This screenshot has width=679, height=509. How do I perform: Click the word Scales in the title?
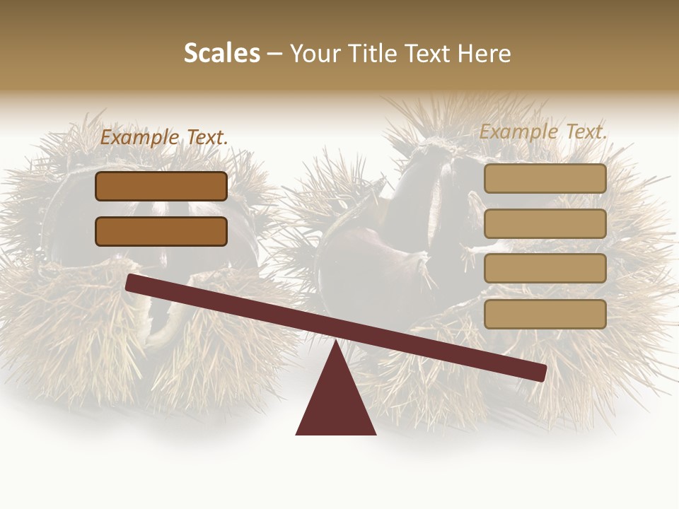click(x=221, y=54)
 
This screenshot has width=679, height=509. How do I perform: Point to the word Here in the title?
click(x=484, y=54)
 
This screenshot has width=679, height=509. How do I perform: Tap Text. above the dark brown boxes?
click(x=206, y=138)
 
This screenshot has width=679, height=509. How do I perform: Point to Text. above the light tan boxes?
click(x=586, y=132)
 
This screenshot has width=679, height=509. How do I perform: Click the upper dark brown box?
click(x=161, y=186)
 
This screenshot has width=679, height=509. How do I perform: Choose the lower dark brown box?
click(x=161, y=231)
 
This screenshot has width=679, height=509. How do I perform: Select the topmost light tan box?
click(x=545, y=178)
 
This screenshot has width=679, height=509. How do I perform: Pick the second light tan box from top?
click(x=545, y=223)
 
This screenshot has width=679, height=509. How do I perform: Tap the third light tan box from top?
click(x=545, y=269)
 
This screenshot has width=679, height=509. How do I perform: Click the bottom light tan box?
click(x=545, y=314)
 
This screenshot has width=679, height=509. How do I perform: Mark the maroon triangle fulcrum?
click(x=335, y=403)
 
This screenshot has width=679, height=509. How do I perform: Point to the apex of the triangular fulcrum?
click(x=335, y=344)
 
